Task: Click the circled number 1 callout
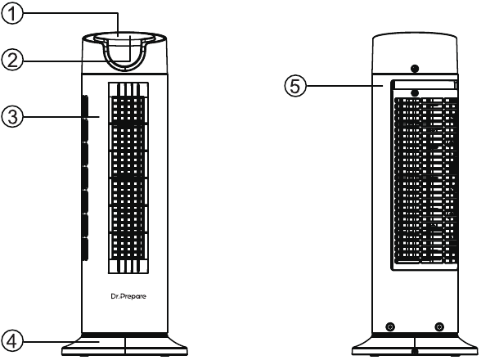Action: (x=12, y=14)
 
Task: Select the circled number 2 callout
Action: (x=12, y=61)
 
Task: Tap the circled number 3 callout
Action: (x=12, y=117)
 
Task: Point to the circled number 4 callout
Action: (x=12, y=341)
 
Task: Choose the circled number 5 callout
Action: (x=295, y=86)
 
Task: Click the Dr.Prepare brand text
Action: (x=128, y=296)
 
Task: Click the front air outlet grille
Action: (x=128, y=178)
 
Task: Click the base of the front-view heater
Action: (x=124, y=345)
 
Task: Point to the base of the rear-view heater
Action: (x=415, y=345)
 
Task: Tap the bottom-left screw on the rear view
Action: (x=390, y=326)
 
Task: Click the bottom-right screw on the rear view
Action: (x=439, y=326)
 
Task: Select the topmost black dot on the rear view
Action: (x=415, y=69)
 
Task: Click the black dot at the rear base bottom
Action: (x=415, y=351)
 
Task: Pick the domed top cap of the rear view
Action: (x=415, y=53)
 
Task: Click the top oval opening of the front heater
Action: (x=124, y=38)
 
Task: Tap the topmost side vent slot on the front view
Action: (x=85, y=106)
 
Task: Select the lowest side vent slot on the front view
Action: (x=85, y=250)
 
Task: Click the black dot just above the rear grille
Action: (x=415, y=92)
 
